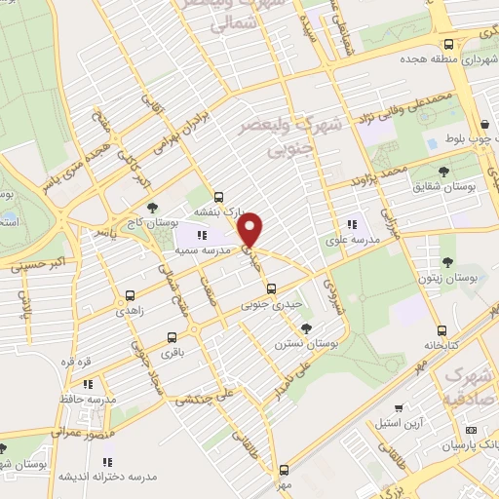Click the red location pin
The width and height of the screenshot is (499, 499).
(251, 229)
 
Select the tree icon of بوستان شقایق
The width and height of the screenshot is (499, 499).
(443, 172)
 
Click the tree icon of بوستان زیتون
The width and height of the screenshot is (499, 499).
(446, 261)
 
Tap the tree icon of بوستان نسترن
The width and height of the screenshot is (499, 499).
(307, 327)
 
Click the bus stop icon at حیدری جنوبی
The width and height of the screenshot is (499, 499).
(272, 288)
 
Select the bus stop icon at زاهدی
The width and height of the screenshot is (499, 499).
(131, 294)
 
